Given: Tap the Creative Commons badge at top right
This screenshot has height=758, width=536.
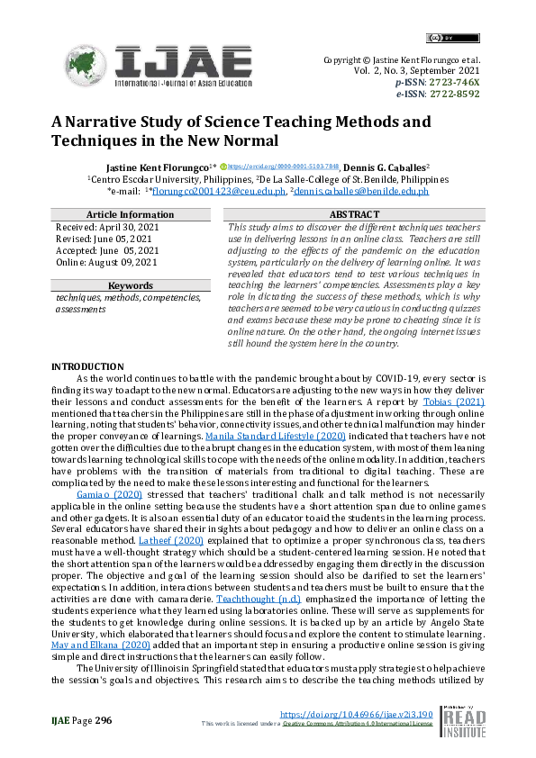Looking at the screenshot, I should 439,38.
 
